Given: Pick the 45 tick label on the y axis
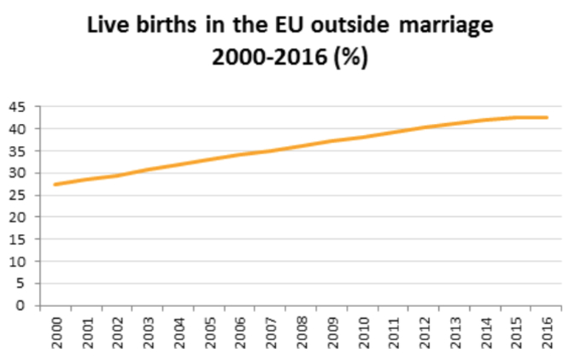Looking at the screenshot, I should click(17, 107).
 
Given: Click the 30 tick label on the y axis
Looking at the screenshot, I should click(17, 173).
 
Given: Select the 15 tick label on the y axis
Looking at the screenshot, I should click(17, 239).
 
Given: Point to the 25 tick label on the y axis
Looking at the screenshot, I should click(17, 195).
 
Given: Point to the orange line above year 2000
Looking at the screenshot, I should click(56, 184).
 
